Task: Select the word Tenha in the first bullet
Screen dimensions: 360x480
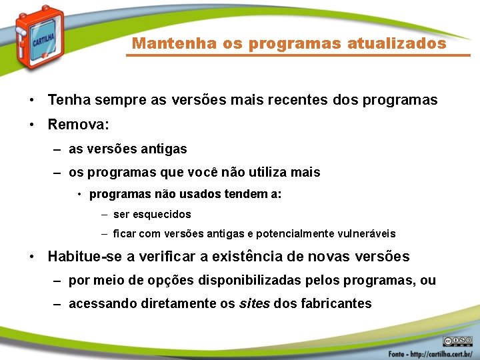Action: tap(67, 100)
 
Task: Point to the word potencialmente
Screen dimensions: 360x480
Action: tap(297, 234)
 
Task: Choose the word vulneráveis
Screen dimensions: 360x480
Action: tap(370, 234)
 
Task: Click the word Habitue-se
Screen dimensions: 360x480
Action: tap(82, 257)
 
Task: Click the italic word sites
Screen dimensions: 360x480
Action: tap(254, 303)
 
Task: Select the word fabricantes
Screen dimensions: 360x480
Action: tap(336, 303)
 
